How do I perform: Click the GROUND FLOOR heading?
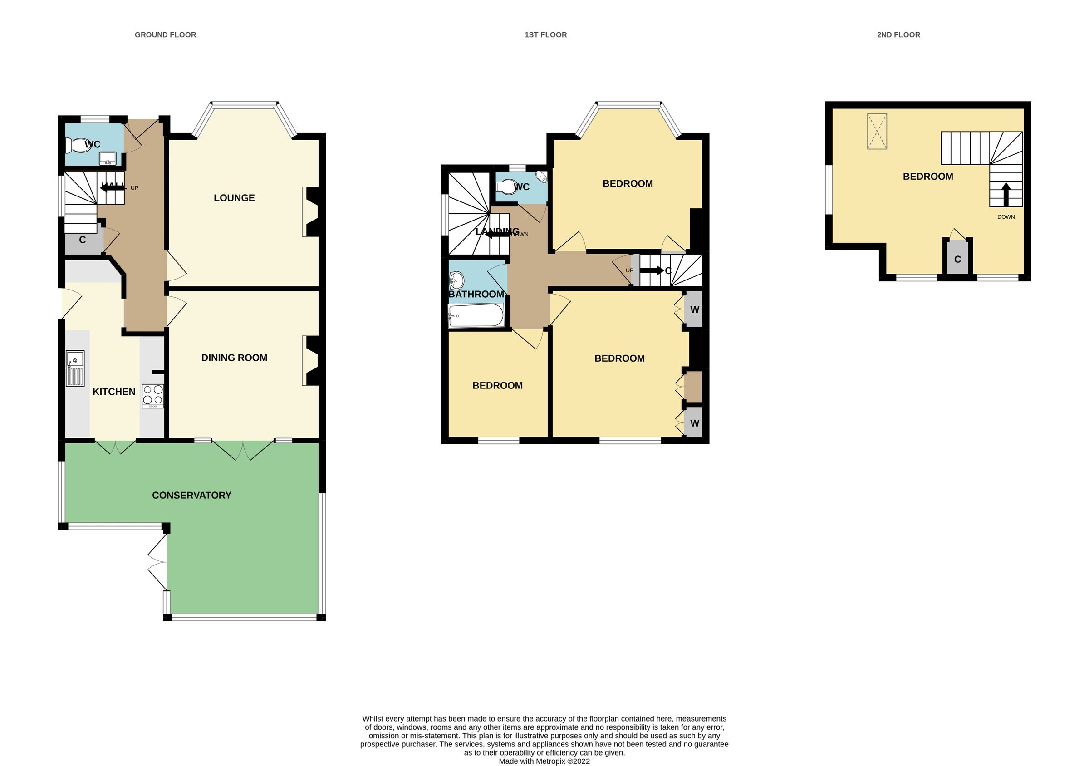click(x=165, y=34)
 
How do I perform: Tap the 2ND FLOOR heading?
click(x=898, y=34)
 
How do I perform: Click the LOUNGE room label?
click(x=234, y=198)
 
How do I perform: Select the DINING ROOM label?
click(x=234, y=358)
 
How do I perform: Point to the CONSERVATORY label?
click(x=191, y=495)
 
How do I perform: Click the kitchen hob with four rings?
click(x=153, y=396)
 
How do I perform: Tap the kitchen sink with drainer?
click(x=75, y=368)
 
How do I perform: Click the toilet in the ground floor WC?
click(x=77, y=145)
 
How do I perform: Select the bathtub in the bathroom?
click(x=476, y=315)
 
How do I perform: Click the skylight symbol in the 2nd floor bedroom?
click(x=877, y=132)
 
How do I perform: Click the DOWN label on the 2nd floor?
click(x=1006, y=217)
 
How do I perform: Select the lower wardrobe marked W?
click(x=694, y=422)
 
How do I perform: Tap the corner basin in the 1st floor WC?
click(x=541, y=177)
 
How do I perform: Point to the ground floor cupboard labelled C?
click(x=83, y=240)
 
